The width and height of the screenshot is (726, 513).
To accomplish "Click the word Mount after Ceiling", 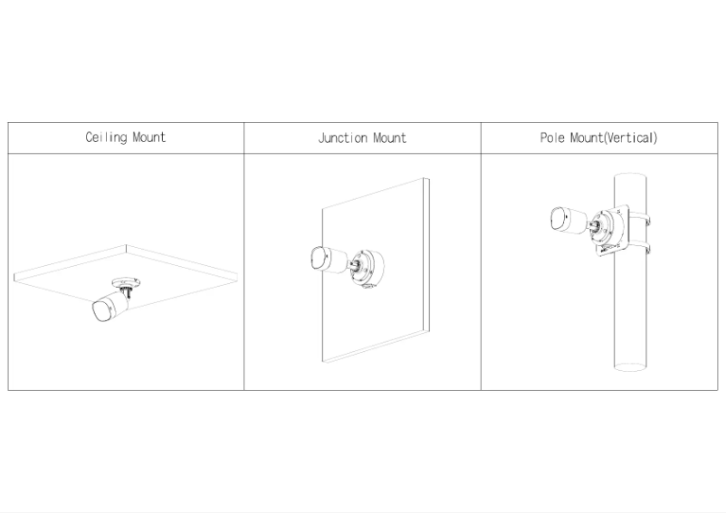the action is click(x=149, y=138).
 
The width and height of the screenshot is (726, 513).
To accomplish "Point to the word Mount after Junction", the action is click(x=390, y=138).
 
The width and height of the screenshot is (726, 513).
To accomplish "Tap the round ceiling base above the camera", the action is click(x=126, y=281).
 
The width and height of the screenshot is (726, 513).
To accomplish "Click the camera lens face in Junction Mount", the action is click(x=318, y=259).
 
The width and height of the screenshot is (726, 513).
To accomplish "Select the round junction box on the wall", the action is click(x=368, y=269).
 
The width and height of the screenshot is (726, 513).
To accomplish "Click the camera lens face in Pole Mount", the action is click(x=559, y=218).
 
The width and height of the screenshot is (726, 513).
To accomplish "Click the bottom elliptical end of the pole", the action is click(x=630, y=366).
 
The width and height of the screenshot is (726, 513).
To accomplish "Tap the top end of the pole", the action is click(x=630, y=176).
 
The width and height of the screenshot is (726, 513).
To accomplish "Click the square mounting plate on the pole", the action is click(x=612, y=232).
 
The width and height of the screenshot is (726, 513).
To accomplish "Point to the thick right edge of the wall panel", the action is click(x=426, y=254).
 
